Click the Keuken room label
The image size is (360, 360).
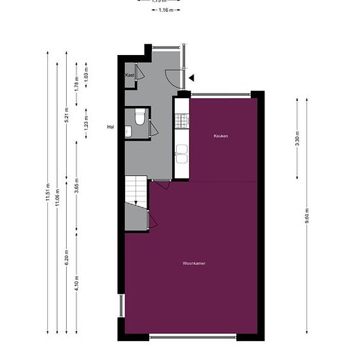click(221, 136)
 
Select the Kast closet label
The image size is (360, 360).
click(130, 75)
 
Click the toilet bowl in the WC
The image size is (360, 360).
click(139, 118)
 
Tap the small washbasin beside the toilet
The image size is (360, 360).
click(128, 132)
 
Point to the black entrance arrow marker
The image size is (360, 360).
click(191, 78)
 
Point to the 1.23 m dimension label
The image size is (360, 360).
click(86, 121)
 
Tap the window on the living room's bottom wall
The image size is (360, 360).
click(193, 336)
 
